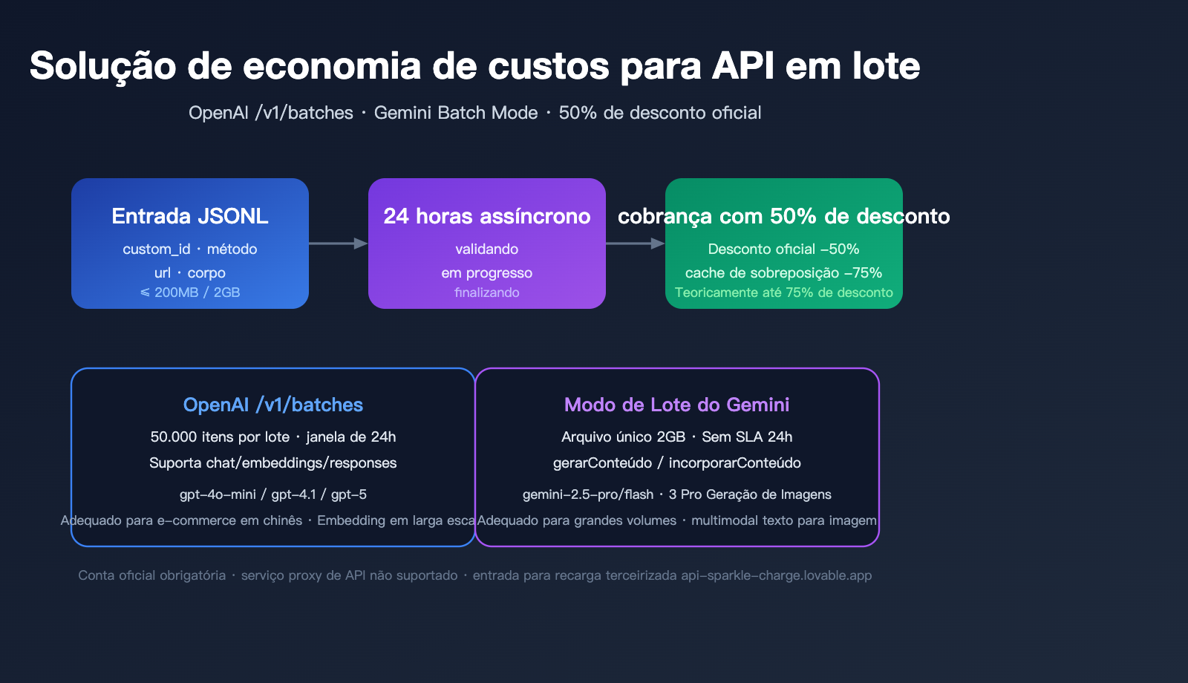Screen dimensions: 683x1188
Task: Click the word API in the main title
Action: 742,66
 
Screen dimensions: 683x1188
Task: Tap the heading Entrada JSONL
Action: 190,216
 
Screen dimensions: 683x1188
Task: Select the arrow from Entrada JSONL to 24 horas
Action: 339,244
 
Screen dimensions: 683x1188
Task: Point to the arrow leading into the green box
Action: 636,244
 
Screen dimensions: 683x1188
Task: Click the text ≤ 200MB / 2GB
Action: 190,293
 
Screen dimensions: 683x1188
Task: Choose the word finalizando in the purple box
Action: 487,293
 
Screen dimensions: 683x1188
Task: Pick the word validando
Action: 487,249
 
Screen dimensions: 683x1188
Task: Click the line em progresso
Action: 487,273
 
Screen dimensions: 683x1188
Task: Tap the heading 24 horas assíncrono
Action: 487,216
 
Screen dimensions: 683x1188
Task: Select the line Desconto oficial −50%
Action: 783,249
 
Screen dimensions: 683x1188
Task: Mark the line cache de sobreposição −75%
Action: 783,273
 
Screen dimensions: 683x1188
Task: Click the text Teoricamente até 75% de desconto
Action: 783,293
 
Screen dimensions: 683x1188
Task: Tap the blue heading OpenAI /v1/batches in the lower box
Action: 273,405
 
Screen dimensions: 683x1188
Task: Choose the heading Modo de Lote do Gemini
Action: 676,405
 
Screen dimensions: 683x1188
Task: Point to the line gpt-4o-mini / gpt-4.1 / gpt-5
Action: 273,494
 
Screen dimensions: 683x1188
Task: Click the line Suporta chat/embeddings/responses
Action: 273,463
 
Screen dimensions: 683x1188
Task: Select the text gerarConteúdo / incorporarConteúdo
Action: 676,463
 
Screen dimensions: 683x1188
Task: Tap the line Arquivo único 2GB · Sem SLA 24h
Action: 676,437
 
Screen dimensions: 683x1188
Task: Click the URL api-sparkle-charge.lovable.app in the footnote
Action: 776,575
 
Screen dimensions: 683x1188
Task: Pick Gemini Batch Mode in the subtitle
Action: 456,113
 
